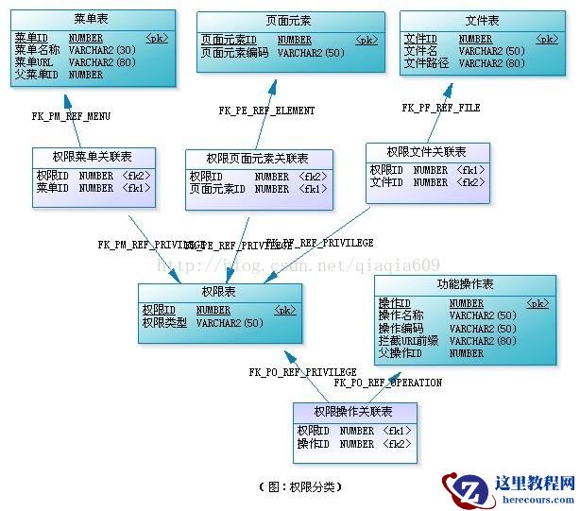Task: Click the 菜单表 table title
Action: coord(92,19)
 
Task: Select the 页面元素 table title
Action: coord(289,21)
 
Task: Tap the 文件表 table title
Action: coord(483,21)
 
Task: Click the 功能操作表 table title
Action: coord(465,284)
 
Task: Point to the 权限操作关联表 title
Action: coord(353,412)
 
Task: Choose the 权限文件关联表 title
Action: coord(427,152)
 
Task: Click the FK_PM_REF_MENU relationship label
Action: coord(71,117)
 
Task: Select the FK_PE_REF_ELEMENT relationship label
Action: coord(267,111)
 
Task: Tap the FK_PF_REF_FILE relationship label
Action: coord(441,108)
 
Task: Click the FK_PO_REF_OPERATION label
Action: coord(388,383)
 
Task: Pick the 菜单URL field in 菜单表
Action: coord(35,62)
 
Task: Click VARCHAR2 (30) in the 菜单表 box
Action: coord(102,50)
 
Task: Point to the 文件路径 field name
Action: coord(425,63)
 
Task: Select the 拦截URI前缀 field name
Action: coord(408,341)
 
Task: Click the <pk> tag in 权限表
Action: coord(284,310)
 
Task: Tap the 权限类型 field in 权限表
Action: coord(164,322)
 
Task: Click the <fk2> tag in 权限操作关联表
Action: coord(397,443)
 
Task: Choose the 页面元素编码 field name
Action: coord(235,53)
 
